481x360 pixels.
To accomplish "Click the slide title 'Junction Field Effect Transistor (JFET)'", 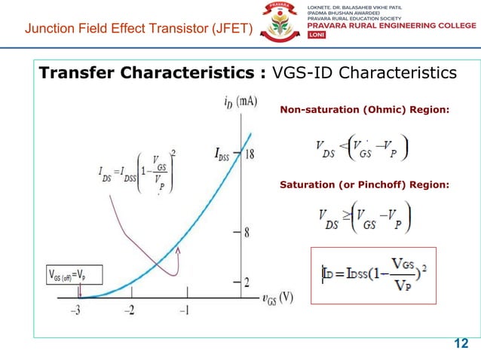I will (139, 30).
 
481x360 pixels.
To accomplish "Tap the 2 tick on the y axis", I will (246, 282).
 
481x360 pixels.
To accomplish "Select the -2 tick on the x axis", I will (129, 310).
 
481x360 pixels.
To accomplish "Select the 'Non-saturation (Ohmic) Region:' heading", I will (364, 111).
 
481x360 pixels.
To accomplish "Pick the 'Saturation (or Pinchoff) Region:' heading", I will (364, 185).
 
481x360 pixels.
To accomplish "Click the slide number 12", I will (459, 344).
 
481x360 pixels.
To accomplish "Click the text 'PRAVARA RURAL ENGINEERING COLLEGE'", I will (391, 25).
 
